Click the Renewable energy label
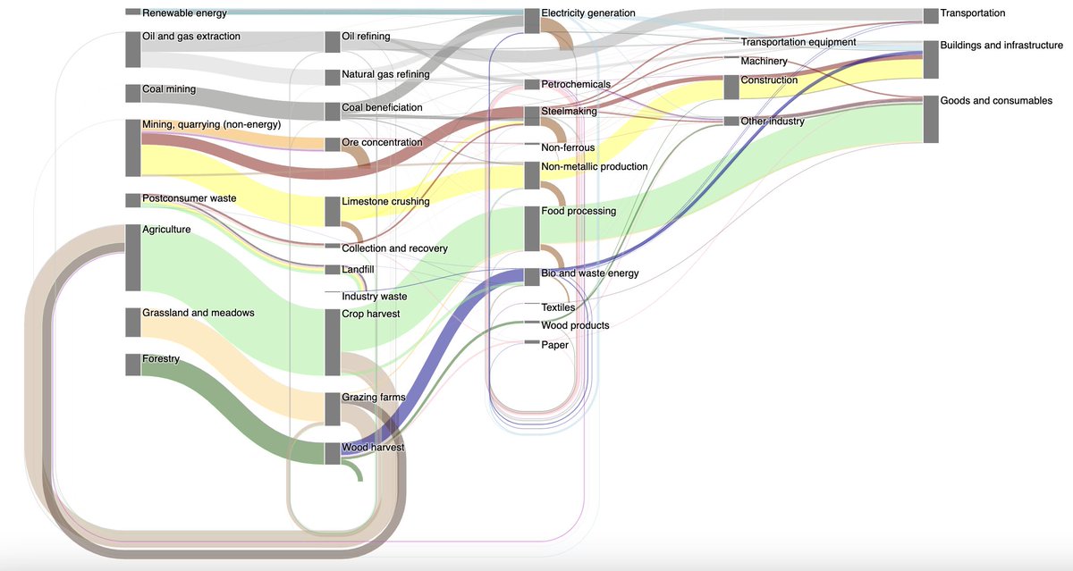coord(184,13)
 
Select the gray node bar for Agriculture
coord(132,256)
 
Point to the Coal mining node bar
coord(132,94)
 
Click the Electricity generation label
coord(587,13)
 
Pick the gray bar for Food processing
coord(531,228)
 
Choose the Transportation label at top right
coord(973,13)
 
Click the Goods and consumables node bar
coord(930,118)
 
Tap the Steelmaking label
coord(569,112)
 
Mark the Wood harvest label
coord(373,447)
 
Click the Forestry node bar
coord(132,364)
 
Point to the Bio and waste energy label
coord(590,273)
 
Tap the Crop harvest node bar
coord(332,341)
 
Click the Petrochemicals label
coord(576,84)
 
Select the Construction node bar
coord(731,87)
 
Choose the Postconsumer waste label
coord(189,197)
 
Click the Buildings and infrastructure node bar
coord(930,59)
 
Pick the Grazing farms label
coord(373,397)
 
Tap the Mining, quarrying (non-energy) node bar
coord(132,147)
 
